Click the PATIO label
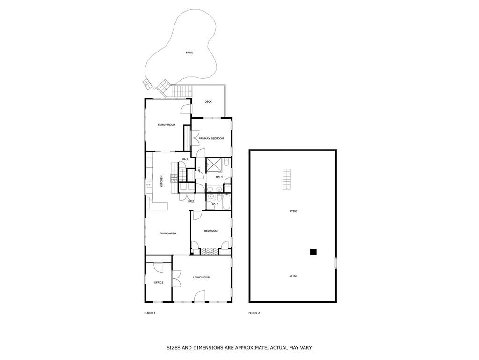click(189, 52)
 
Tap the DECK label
click(208, 102)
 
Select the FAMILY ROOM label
click(167, 125)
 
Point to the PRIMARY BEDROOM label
click(211, 139)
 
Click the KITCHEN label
click(162, 181)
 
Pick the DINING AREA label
click(168, 233)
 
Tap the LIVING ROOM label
click(202, 277)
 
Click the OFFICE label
click(159, 282)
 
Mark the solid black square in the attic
click(313, 252)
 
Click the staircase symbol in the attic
click(287, 179)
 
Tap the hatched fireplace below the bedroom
click(209, 251)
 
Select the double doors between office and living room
click(176, 279)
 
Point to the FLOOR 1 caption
click(150, 313)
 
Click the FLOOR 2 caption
click(254, 313)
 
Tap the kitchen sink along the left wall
click(149, 185)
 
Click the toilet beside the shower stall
click(226, 164)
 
